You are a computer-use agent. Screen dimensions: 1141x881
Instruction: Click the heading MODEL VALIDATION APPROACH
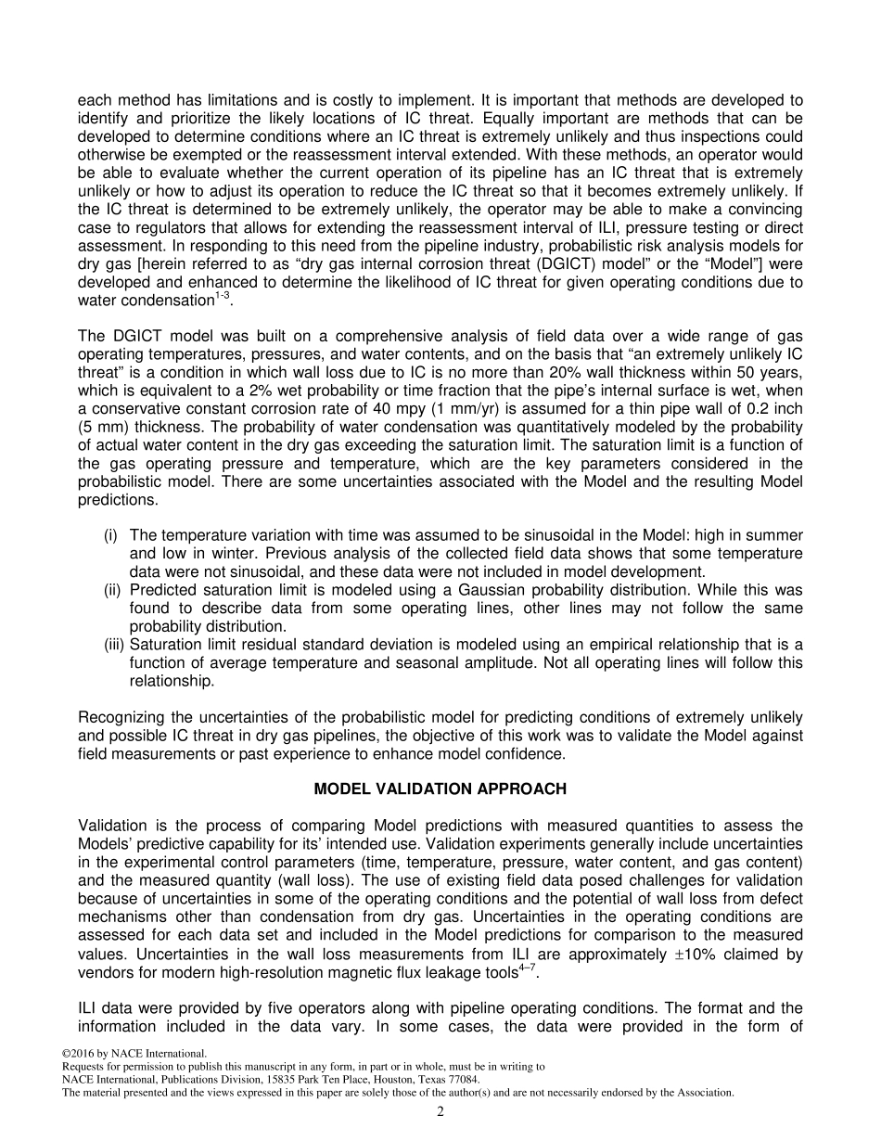click(x=440, y=789)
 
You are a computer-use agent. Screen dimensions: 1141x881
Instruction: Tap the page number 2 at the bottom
click(x=440, y=1112)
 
